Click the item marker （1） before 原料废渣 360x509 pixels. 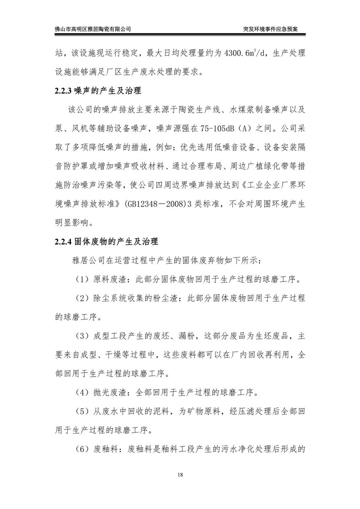[x=82, y=279]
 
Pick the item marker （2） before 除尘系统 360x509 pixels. [x=82, y=298]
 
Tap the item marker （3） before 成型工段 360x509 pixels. [x=82, y=335]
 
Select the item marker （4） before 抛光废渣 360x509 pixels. [x=82, y=392]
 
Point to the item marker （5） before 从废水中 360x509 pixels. [x=82, y=411]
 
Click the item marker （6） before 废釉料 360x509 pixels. [x=82, y=449]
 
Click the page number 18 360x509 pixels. [x=180, y=475]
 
